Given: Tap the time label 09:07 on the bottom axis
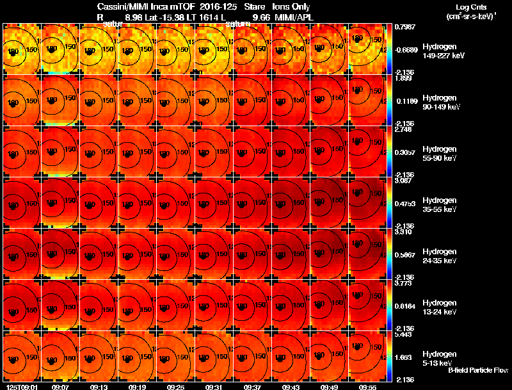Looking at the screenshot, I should (61, 387).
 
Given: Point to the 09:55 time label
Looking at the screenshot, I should (368, 387).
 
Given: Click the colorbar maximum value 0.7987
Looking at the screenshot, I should (405, 27).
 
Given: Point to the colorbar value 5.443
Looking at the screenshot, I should (403, 335).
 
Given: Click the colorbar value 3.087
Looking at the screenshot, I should (403, 181).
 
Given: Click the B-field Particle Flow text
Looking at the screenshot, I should (478, 370).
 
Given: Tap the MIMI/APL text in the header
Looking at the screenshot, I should (293, 17).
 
